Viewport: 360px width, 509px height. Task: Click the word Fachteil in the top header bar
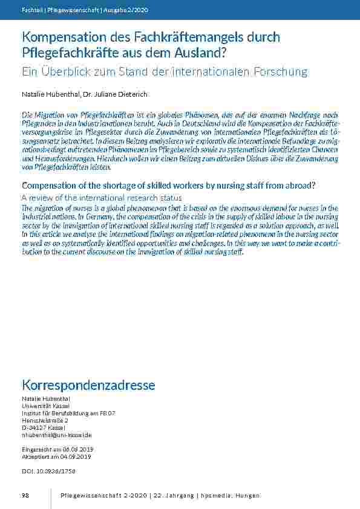(x=31, y=10)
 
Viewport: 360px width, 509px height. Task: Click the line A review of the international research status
(x=102, y=198)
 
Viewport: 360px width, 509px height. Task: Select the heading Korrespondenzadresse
(x=88, y=385)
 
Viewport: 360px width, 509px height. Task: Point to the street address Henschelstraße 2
(x=45, y=420)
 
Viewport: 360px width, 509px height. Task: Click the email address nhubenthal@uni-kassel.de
(x=57, y=435)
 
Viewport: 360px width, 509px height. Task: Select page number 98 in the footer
(x=25, y=496)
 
